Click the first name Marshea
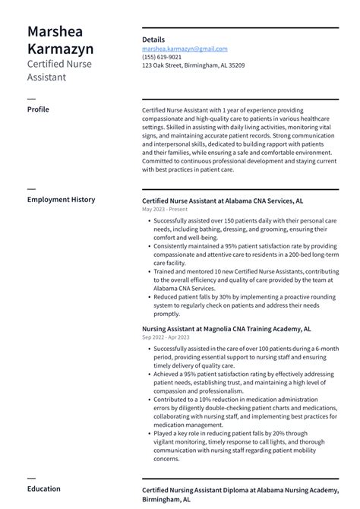[x=55, y=32]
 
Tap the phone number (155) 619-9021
[x=162, y=57]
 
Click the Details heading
[x=153, y=40]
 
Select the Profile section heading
[x=38, y=109]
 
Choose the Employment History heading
[x=62, y=200]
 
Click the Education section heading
[x=44, y=488]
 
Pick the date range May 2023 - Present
[x=164, y=209]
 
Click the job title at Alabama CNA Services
[x=223, y=201]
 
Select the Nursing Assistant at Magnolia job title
[x=226, y=328]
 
